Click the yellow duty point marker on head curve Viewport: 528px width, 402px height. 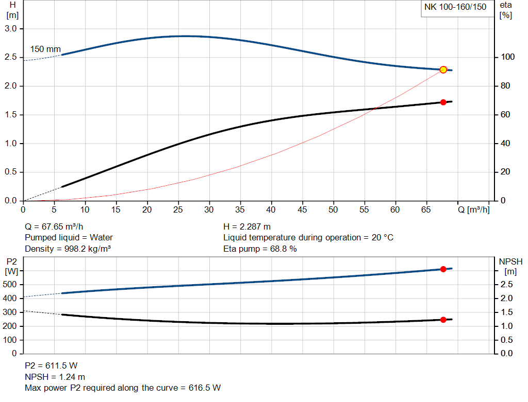443,69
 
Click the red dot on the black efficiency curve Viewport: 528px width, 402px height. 443,102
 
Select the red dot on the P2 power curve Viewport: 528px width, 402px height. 443,269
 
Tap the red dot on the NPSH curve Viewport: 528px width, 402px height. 443,320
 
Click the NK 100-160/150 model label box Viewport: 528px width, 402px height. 455,7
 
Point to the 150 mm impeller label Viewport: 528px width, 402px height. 45,49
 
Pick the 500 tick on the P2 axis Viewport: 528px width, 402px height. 10,285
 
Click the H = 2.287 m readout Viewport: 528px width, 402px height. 247,226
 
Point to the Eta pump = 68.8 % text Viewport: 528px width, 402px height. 260,249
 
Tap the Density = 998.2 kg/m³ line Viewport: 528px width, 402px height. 68,249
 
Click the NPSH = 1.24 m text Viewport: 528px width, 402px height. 55,377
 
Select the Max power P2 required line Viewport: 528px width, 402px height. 123,388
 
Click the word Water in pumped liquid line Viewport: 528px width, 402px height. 101,238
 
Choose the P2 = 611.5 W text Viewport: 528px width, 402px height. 51,365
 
